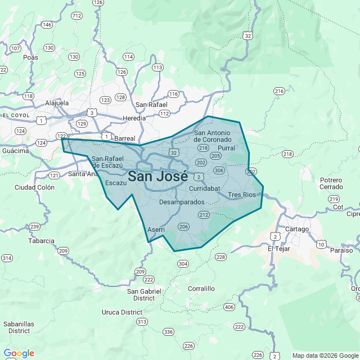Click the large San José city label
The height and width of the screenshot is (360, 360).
[x=158, y=175]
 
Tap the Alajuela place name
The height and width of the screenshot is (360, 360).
[x=56, y=103]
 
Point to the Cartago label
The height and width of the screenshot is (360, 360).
[x=297, y=229]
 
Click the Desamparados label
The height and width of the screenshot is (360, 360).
[x=182, y=201]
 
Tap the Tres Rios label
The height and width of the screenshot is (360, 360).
[x=242, y=195]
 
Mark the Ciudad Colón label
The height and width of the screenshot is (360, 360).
[x=34, y=187]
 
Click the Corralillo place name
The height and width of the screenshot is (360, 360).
[x=201, y=289]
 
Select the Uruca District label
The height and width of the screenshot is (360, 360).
[x=122, y=312]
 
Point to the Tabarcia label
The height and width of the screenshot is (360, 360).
[x=41, y=241]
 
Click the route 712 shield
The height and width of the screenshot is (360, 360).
[x=76, y=16]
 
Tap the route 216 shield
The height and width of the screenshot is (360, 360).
[x=279, y=91]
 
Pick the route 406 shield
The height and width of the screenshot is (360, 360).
[x=228, y=307]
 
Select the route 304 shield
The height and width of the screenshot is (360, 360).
[x=182, y=263]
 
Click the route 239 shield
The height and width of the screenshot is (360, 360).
[x=34, y=227]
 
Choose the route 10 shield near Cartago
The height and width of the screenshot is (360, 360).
[x=321, y=244]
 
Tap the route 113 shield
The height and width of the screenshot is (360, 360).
[x=157, y=67]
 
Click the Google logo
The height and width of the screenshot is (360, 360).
[x=19, y=353]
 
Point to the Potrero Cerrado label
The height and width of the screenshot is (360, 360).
[x=331, y=183]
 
